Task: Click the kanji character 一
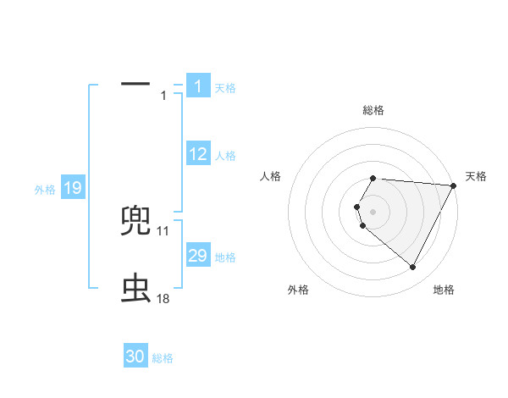(x=135, y=85)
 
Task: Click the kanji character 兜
(x=136, y=221)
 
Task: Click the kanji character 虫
(x=136, y=289)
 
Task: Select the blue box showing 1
(x=197, y=86)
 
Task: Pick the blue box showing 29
(x=197, y=255)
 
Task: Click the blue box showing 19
(x=72, y=188)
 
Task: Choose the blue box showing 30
(x=135, y=357)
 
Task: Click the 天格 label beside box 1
(x=225, y=88)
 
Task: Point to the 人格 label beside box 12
(x=225, y=156)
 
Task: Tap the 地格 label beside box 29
(x=225, y=257)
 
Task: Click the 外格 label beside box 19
(x=45, y=190)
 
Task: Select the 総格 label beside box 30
(x=163, y=359)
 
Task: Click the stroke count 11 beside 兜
(x=163, y=230)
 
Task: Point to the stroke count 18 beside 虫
(x=163, y=298)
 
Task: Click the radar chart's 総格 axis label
(x=373, y=110)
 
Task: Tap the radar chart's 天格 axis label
(x=476, y=176)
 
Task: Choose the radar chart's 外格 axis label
(x=298, y=290)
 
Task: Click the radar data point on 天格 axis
(x=454, y=185)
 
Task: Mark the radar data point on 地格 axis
(x=413, y=268)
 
